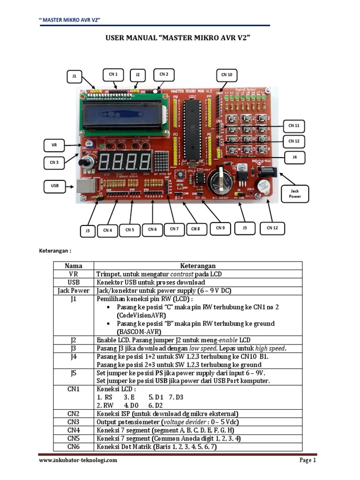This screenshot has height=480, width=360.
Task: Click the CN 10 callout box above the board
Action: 227,75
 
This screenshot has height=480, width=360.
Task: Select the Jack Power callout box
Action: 294,194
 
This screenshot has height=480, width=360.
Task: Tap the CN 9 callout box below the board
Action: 220,228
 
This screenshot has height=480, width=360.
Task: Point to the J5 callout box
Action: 244,228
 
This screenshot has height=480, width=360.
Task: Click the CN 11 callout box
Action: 294,126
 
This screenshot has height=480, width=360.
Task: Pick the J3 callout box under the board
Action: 88,230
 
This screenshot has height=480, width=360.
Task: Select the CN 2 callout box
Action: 164,75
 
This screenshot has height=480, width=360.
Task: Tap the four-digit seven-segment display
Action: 125,162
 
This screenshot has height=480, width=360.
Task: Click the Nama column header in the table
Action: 74,266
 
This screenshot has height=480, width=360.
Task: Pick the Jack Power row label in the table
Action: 74,291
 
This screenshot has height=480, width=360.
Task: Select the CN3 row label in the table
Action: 74,421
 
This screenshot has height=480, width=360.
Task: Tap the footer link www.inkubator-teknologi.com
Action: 78,460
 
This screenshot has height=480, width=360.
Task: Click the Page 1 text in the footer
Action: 308,460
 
